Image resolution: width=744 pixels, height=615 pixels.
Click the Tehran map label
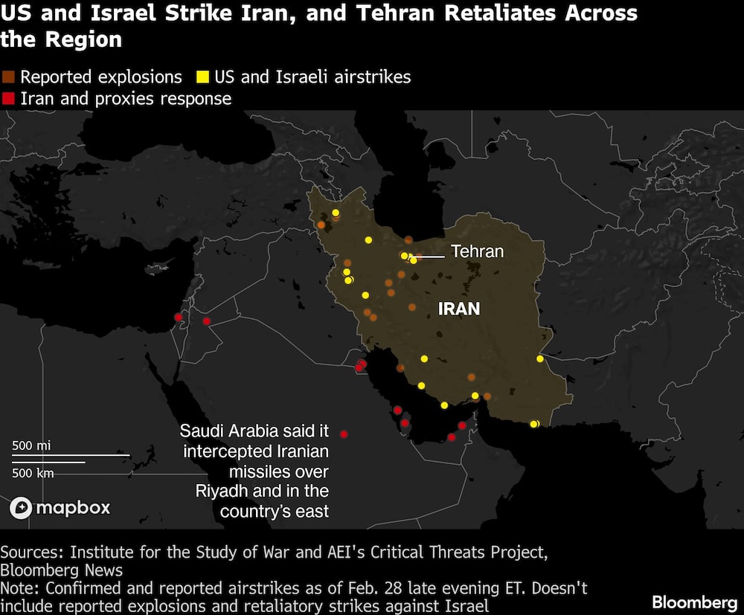(477, 251)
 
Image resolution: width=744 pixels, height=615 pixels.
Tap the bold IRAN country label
(459, 309)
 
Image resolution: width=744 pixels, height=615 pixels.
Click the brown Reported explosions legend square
(8, 77)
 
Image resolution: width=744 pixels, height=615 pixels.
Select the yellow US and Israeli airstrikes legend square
(202, 77)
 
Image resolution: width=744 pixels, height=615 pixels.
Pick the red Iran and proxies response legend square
(8, 99)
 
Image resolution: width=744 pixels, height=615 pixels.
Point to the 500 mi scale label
(31, 445)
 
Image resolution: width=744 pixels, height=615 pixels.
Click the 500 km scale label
(33, 472)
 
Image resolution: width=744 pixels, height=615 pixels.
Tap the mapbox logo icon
(21, 508)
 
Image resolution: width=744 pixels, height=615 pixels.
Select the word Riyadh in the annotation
(225, 492)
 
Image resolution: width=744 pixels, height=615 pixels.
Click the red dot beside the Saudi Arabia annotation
(344, 434)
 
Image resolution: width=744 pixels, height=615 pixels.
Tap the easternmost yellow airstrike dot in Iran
(540, 359)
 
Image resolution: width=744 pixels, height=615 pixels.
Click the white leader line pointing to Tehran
(430, 257)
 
